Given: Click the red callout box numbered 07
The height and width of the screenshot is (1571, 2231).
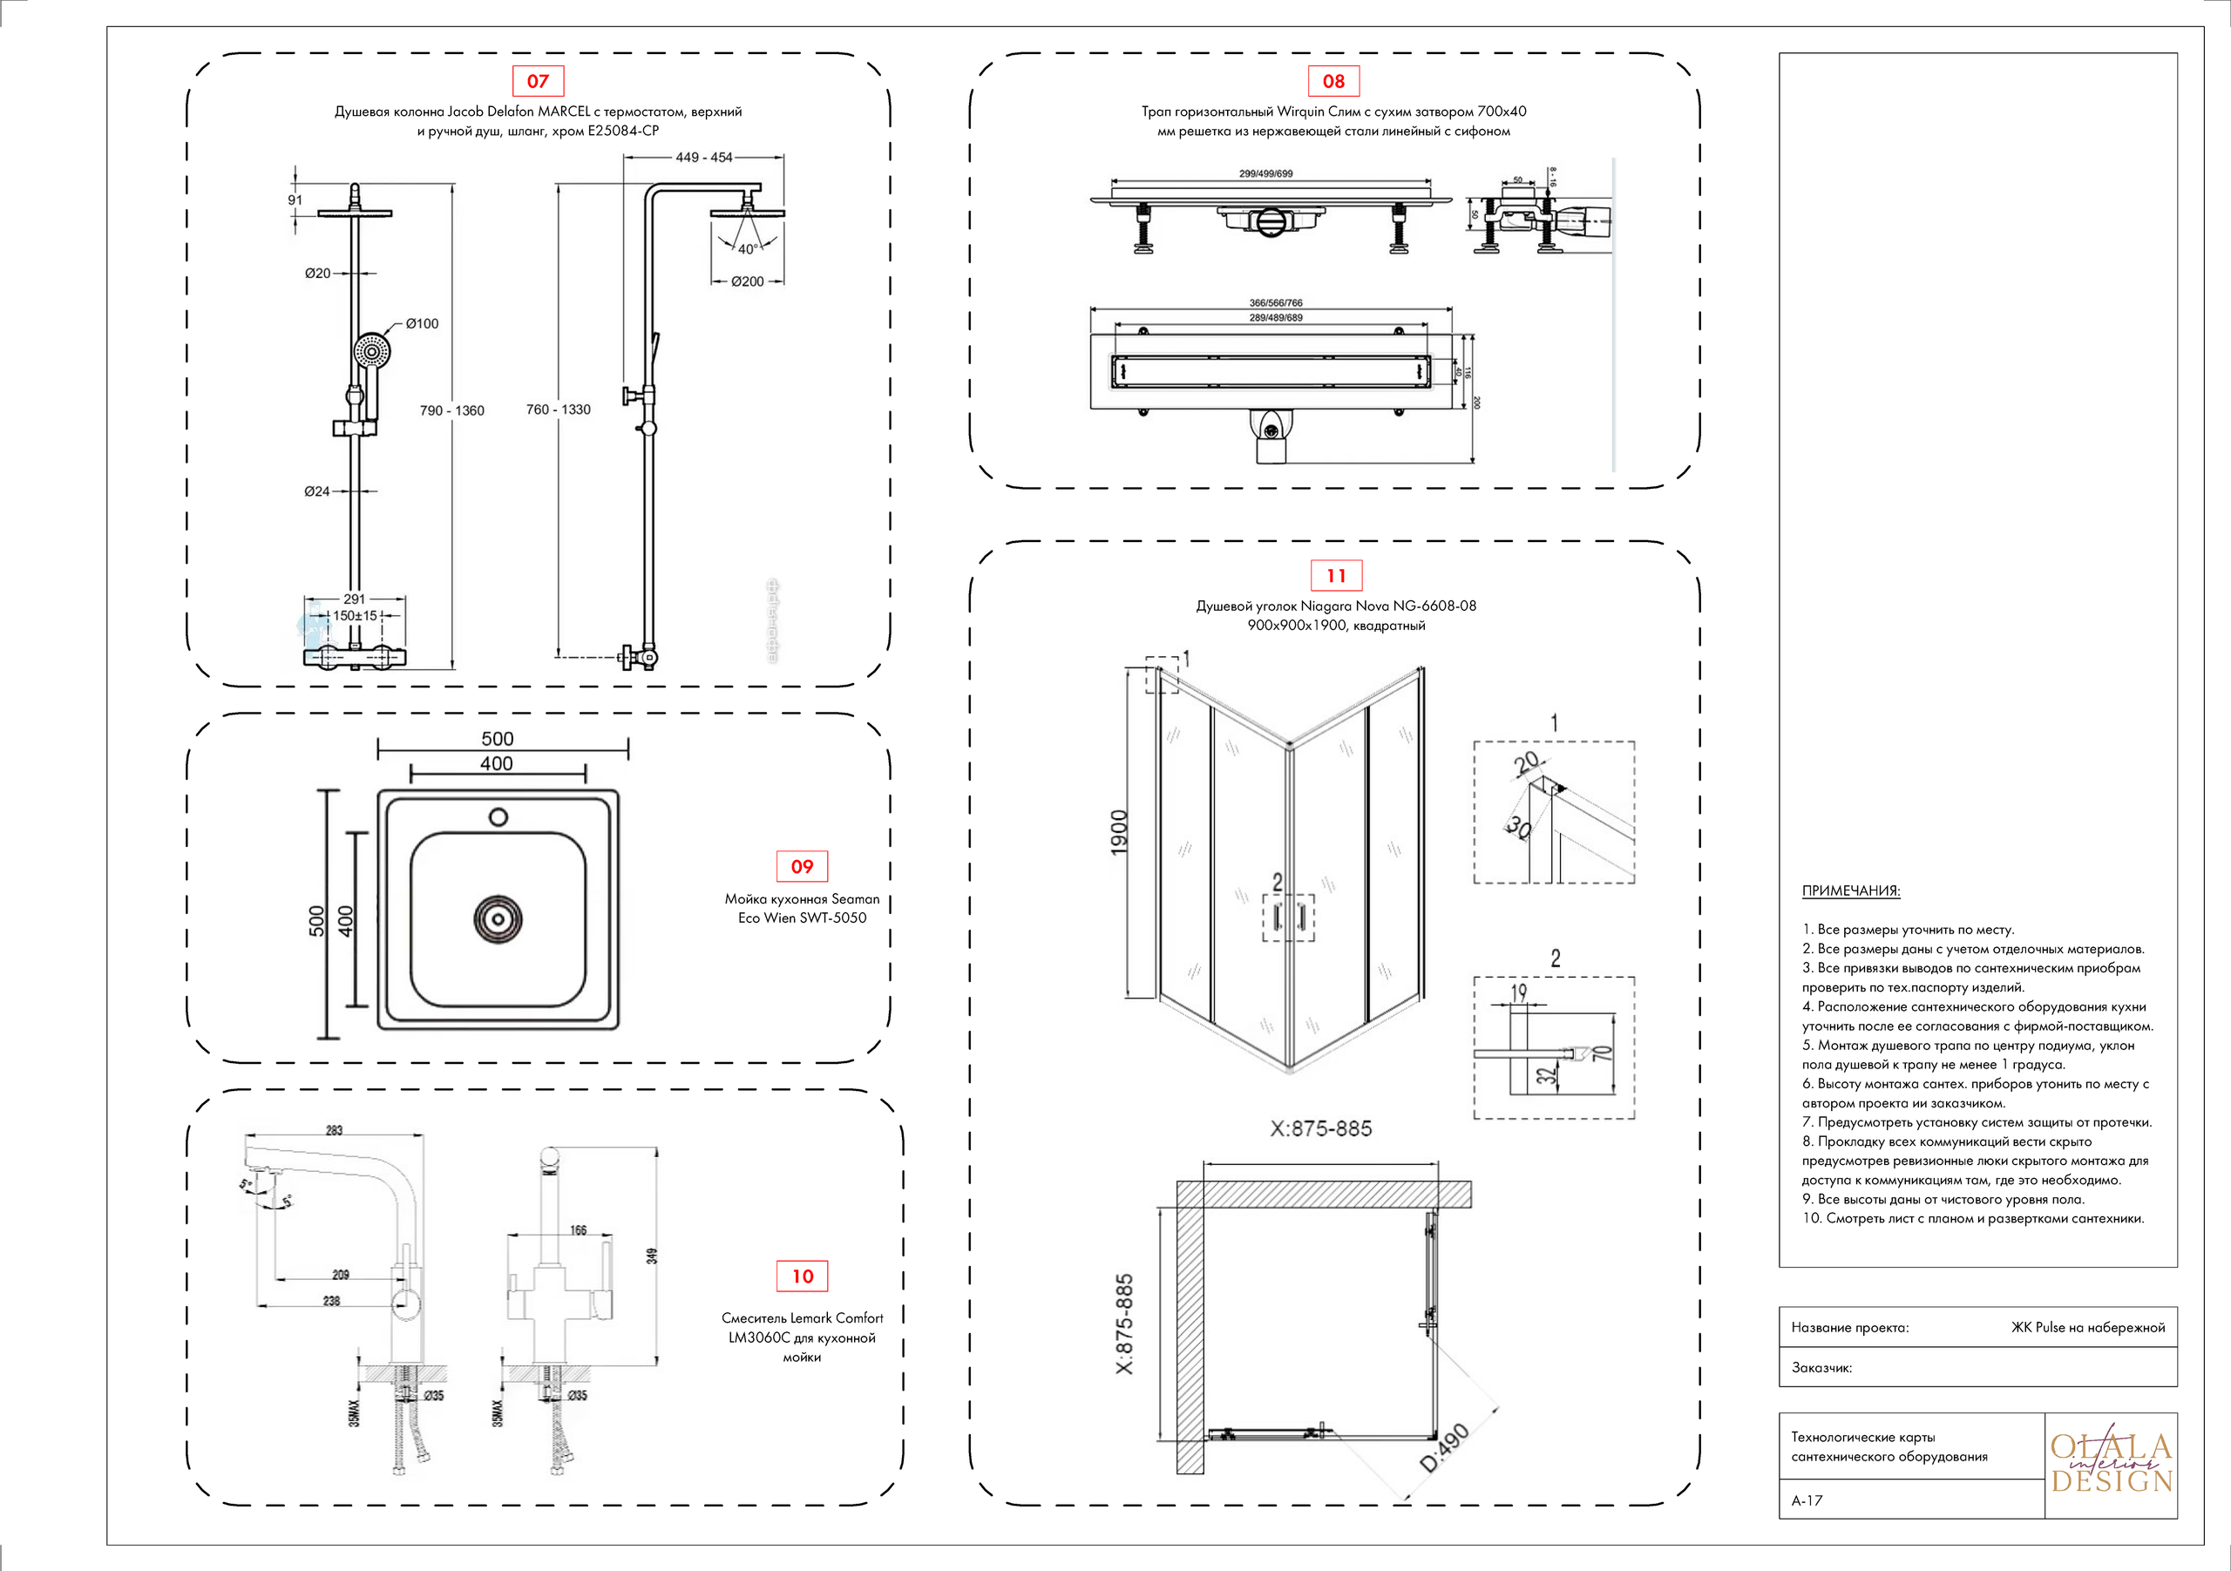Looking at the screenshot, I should click(538, 82).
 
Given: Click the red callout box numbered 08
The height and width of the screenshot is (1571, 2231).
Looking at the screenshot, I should click(1333, 82).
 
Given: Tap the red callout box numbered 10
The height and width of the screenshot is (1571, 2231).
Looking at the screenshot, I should click(803, 1276).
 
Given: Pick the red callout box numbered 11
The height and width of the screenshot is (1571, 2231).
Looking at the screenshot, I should click(1336, 576).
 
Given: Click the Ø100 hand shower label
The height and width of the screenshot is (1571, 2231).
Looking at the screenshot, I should click(422, 323).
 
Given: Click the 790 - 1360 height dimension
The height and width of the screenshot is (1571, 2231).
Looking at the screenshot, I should click(451, 411).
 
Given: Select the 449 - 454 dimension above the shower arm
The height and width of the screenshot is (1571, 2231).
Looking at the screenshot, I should click(703, 158).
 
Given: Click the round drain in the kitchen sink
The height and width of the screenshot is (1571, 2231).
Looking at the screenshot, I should click(498, 918).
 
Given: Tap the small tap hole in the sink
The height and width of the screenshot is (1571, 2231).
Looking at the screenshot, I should click(498, 817).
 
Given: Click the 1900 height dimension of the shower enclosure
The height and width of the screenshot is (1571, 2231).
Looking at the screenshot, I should click(1119, 833).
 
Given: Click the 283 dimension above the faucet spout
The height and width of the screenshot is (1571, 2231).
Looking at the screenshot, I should click(335, 1130).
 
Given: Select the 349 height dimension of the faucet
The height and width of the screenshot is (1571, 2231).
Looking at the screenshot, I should click(652, 1256).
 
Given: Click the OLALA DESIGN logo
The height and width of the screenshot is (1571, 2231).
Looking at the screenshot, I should click(2111, 1464).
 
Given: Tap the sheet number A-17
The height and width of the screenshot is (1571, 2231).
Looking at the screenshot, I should click(1807, 1501).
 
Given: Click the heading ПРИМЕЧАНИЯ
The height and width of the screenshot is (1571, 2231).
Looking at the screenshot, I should click(1850, 890).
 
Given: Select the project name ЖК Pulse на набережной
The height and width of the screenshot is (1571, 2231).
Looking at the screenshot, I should click(2087, 1328).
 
